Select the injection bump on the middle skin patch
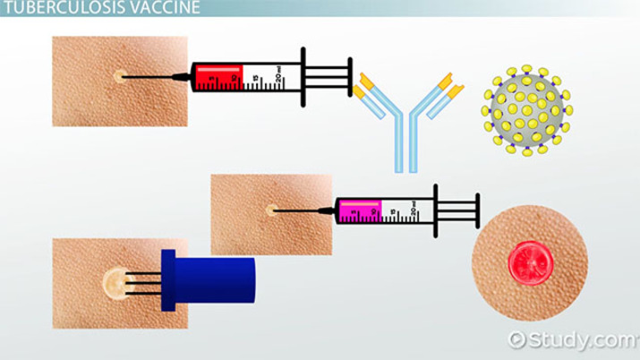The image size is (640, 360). (270, 211)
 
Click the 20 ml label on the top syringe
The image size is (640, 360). (280, 78)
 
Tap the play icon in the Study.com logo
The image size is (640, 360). (516, 339)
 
